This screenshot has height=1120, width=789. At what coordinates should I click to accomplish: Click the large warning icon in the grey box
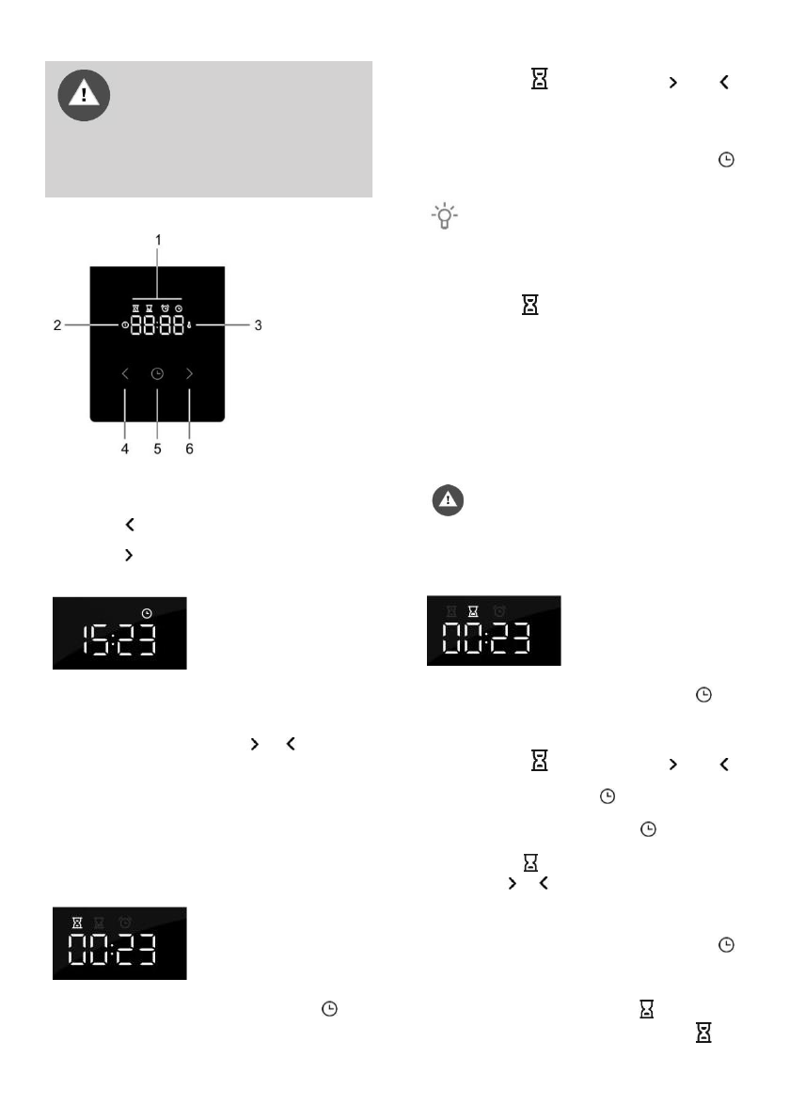84,95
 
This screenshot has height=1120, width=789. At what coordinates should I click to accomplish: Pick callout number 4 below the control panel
125,450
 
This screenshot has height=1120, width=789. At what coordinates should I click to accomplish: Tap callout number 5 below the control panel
157,450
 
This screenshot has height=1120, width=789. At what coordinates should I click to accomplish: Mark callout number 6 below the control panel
189,450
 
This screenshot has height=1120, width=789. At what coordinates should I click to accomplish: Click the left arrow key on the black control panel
125,374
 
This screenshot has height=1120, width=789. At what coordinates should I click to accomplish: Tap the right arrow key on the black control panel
189,374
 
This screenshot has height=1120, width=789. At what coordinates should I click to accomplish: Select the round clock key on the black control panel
157,374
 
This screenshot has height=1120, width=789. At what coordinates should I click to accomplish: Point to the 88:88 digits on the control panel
157,326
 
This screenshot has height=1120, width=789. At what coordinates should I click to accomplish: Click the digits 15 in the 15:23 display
94,642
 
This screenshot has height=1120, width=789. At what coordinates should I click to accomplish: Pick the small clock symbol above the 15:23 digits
146,613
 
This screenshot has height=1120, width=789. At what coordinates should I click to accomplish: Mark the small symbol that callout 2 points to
125,325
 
